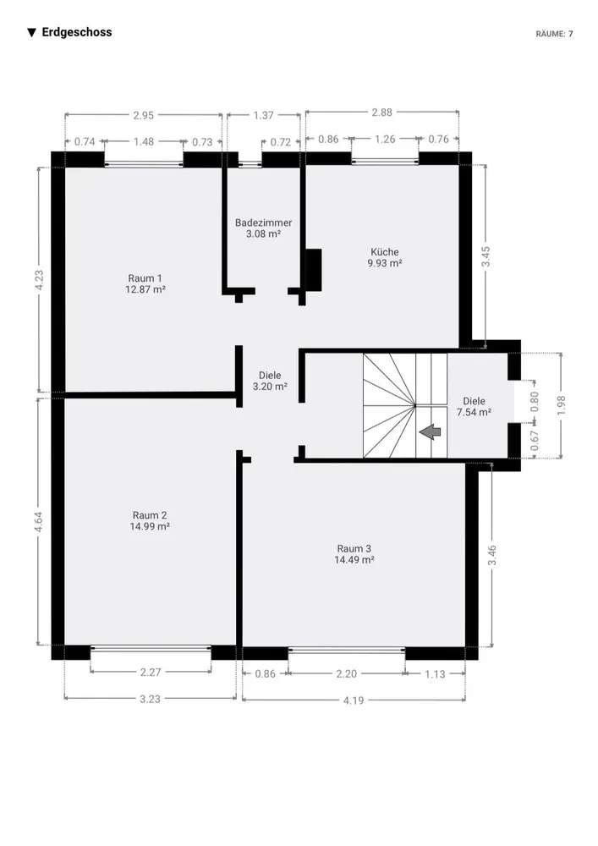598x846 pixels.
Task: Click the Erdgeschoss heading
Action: click(77, 32)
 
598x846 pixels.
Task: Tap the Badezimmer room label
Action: click(263, 222)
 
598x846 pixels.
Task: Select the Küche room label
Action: click(385, 251)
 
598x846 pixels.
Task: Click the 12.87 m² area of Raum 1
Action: click(145, 289)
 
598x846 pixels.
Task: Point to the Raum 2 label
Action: click(150, 515)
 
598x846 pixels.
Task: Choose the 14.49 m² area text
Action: click(354, 560)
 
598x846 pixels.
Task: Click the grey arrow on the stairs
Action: click(431, 431)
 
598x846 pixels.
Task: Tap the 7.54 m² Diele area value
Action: click(474, 413)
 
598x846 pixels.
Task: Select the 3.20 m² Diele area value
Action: click(270, 387)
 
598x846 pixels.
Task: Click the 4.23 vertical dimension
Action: click(39, 280)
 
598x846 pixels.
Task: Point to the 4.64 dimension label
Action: click(38, 522)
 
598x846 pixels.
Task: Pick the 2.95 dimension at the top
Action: click(144, 115)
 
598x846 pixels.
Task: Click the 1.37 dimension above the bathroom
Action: click(264, 115)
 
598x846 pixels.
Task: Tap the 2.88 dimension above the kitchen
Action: click(381, 113)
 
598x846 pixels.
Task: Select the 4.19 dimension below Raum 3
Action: click(354, 700)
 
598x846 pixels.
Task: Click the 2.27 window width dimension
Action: click(151, 673)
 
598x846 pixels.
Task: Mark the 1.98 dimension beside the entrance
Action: click(562, 406)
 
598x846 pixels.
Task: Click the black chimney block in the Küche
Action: click(313, 270)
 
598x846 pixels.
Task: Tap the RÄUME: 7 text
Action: click(554, 34)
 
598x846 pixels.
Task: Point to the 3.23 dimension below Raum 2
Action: click(150, 699)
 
